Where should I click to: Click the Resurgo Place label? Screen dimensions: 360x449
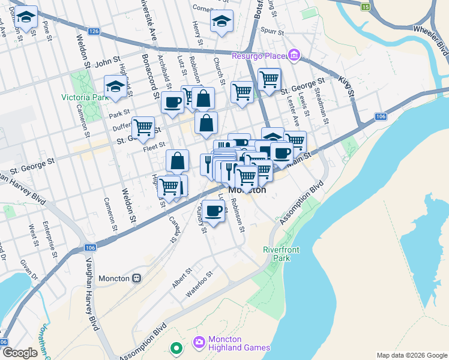pos(259,56)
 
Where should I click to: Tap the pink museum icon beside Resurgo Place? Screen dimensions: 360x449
pos(294,56)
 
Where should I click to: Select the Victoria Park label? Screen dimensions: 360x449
pos(83,97)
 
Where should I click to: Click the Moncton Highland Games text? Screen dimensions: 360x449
pos(239,343)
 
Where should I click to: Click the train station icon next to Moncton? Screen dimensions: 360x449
pos(137,278)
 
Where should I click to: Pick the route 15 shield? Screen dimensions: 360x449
pos(366,7)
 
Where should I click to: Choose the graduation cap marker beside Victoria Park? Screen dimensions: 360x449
pos(115,86)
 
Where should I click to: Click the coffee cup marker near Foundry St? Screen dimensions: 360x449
pos(213,210)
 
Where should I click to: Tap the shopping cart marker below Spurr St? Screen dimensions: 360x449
pos(270,79)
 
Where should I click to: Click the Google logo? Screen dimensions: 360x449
pos(20,353)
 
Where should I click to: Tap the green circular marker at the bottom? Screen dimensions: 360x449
pos(176,347)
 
